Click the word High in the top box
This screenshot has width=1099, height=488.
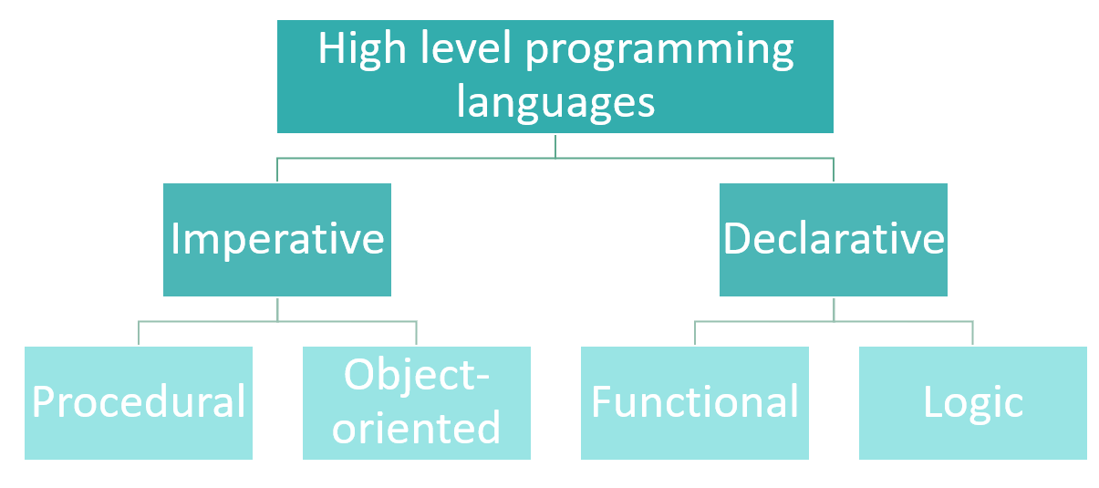[362, 50]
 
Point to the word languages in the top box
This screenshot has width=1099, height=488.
[555, 104]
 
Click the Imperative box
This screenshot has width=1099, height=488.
[277, 240]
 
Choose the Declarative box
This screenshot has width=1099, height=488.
[834, 240]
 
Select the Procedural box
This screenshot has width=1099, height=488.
[139, 403]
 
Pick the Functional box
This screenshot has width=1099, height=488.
[695, 403]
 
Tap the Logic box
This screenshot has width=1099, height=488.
[973, 403]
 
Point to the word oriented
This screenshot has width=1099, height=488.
[416, 427]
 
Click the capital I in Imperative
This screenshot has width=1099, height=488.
[174, 238]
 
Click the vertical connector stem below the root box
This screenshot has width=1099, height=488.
[555, 147]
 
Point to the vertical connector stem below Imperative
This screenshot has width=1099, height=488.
[277, 310]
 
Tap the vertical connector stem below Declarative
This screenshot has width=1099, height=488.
[834, 310]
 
